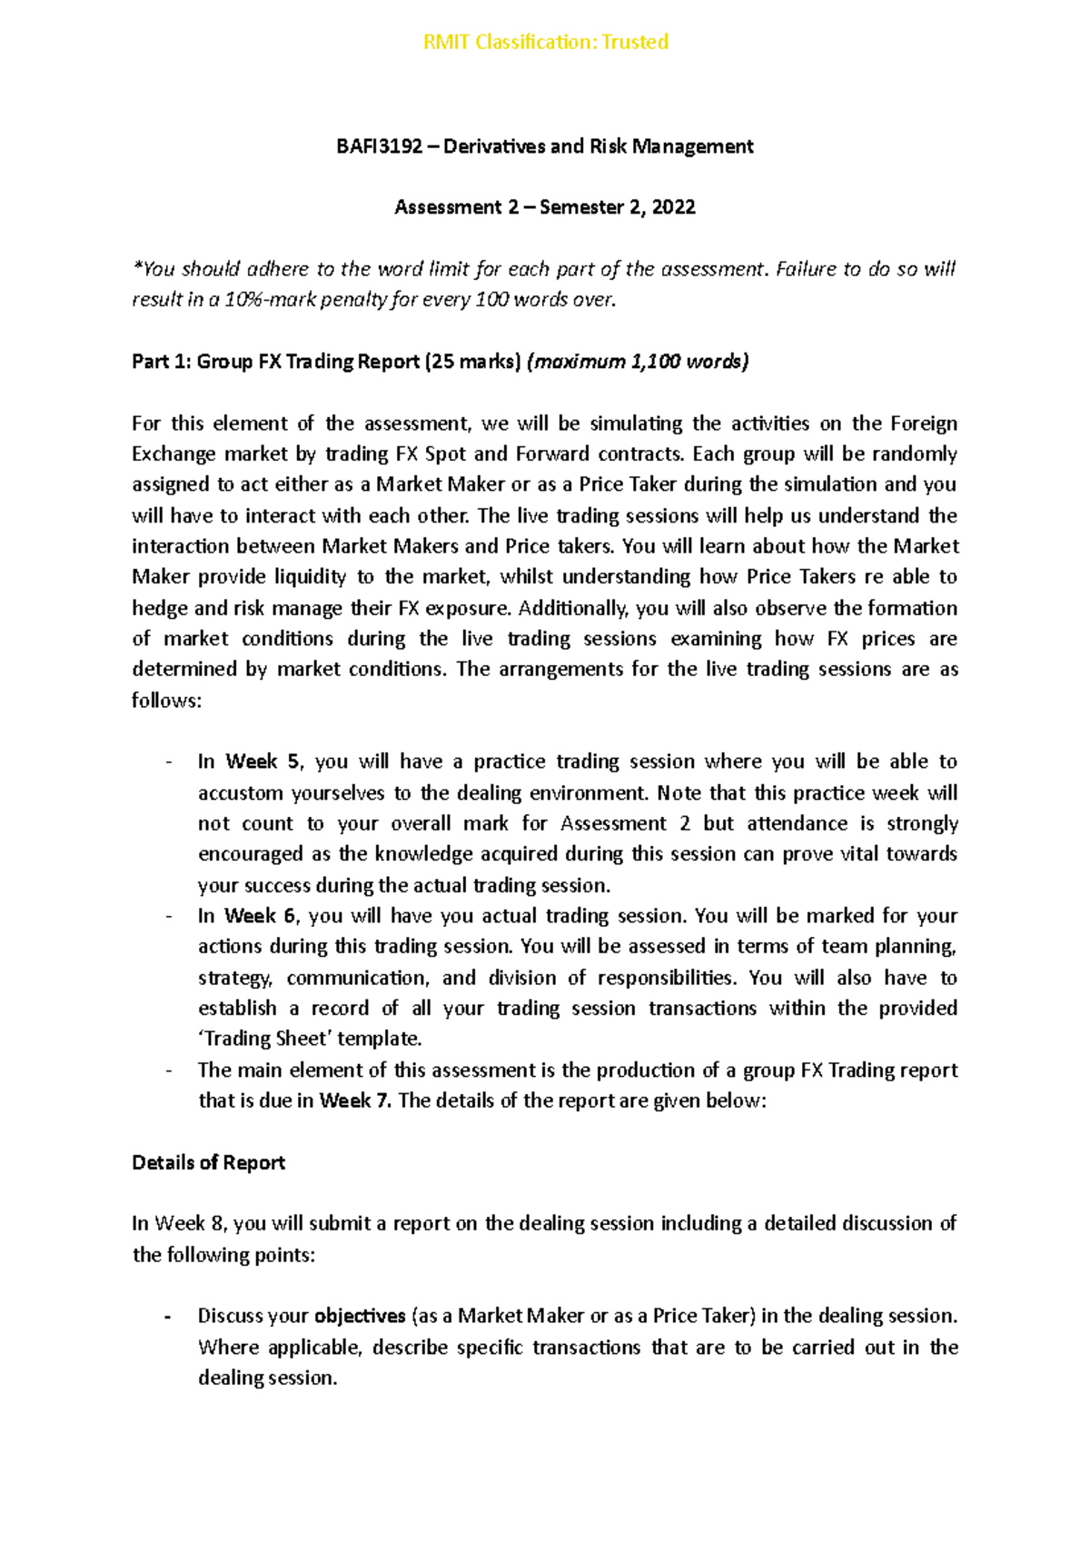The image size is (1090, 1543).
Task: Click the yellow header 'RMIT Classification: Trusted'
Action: pyautogui.click(x=545, y=42)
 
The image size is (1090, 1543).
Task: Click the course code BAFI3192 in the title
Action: pyautogui.click(x=379, y=146)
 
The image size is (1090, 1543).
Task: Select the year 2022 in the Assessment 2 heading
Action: pyautogui.click(x=673, y=207)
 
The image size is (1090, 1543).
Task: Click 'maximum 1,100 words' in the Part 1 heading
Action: pyautogui.click(x=638, y=362)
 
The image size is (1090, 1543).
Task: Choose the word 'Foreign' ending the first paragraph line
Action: pyautogui.click(x=923, y=423)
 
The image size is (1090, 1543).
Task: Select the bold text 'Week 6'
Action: pyautogui.click(x=260, y=916)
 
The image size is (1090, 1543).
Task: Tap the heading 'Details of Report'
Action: pyautogui.click(x=208, y=1162)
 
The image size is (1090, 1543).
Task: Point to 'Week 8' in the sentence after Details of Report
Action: pyautogui.click(x=189, y=1223)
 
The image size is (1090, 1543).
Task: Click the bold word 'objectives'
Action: pyautogui.click(x=360, y=1316)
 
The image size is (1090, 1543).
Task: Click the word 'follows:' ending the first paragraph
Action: pyautogui.click(x=165, y=701)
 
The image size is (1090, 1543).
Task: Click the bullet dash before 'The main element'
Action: pyautogui.click(x=168, y=1070)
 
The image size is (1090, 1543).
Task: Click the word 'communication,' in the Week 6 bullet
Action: pyautogui.click(x=357, y=978)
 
